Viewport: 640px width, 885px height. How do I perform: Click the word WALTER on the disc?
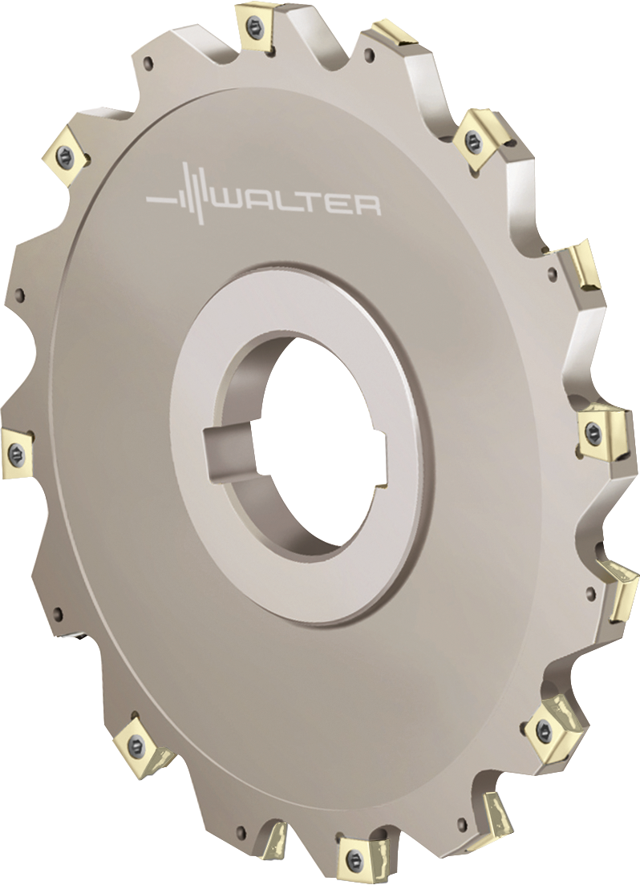point(298,204)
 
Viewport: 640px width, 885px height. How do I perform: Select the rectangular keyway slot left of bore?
point(229,449)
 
